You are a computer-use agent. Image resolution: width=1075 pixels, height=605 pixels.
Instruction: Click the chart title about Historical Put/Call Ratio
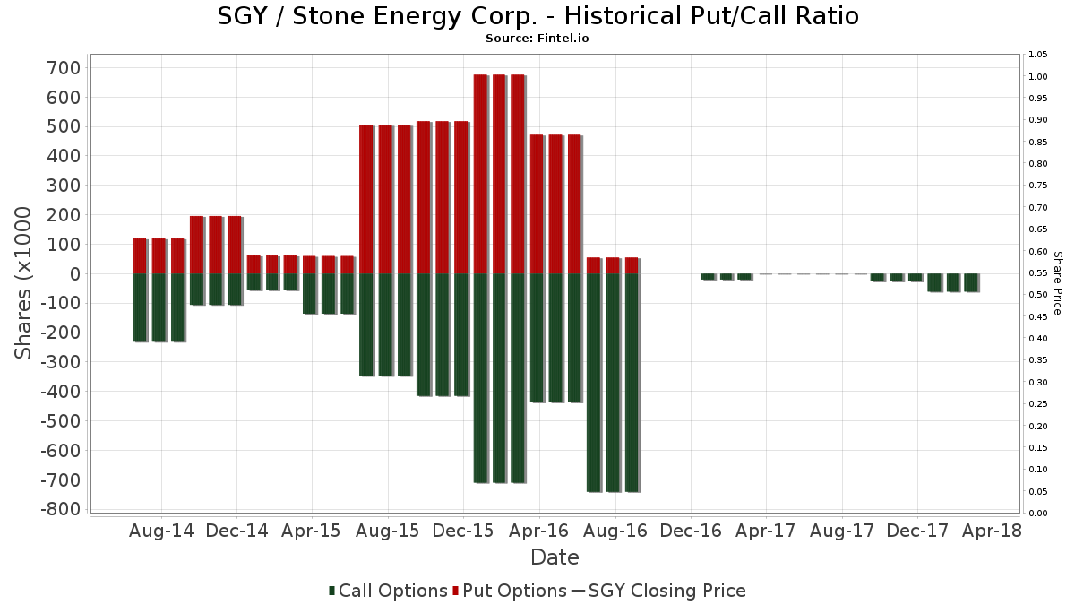[x=537, y=16]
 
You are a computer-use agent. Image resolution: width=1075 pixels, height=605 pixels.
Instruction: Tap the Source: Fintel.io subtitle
[x=537, y=39]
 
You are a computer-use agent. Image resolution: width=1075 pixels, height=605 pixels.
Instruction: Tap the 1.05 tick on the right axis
[x=1037, y=55]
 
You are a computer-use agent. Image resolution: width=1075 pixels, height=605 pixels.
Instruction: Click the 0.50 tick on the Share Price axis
[x=1037, y=295]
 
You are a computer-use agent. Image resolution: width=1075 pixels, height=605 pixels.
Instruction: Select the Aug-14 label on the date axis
[x=161, y=531]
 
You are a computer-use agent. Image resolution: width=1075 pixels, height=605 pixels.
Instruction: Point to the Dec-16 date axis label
[x=690, y=531]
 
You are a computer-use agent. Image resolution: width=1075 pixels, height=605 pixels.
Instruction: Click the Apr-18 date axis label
[x=992, y=531]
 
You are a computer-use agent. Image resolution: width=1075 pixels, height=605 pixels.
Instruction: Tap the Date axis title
[x=555, y=557]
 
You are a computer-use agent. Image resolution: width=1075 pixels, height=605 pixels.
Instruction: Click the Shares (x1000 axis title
[x=23, y=282]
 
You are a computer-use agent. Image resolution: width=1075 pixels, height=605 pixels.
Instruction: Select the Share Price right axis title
[x=1057, y=282]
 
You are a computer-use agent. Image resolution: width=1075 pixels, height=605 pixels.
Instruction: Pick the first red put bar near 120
[x=140, y=256]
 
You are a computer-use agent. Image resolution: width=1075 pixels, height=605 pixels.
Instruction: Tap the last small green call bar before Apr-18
[x=971, y=282]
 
